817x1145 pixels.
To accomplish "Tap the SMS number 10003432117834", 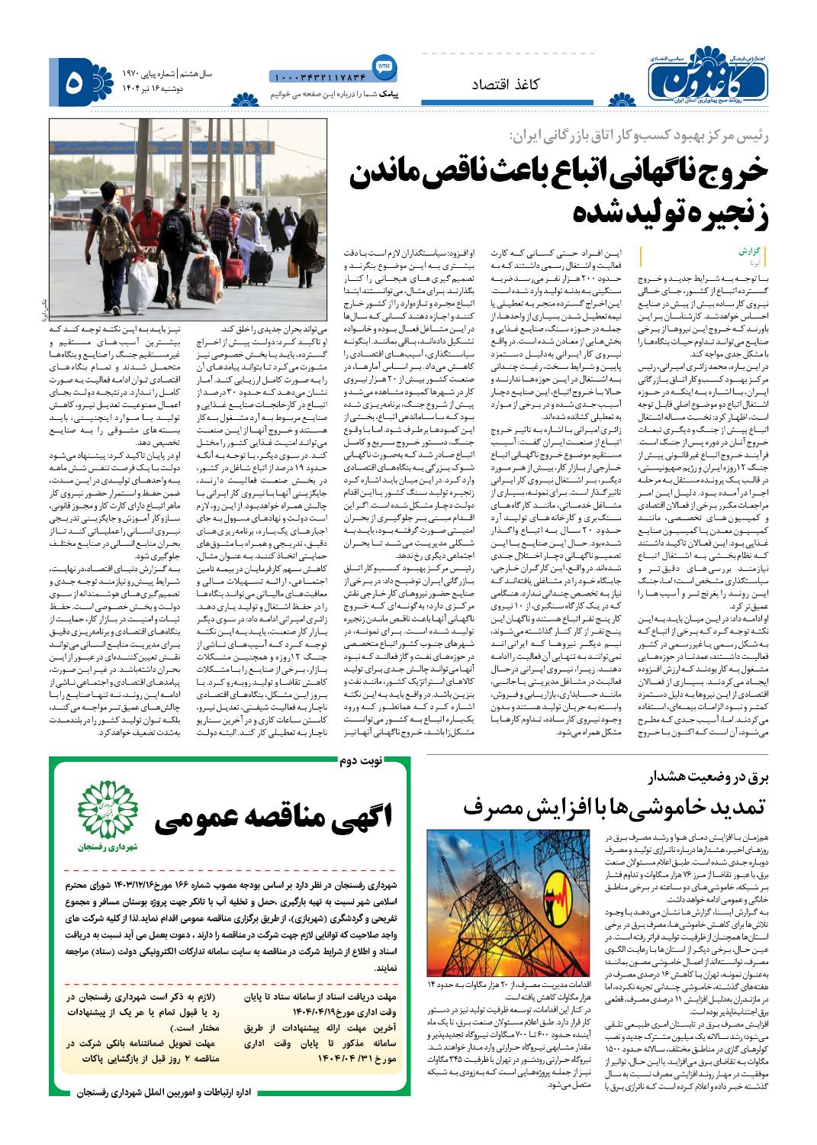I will point(318,76).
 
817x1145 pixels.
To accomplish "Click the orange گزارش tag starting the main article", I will point(751,250).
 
